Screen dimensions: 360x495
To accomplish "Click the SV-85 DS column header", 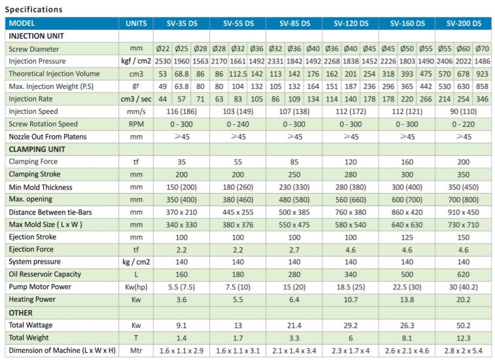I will coord(294,24).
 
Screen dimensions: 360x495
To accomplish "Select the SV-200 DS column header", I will coord(464,24).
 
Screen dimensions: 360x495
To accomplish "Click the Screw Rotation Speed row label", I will coord(43,124).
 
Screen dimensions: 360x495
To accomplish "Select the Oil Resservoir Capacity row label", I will coord(45,274).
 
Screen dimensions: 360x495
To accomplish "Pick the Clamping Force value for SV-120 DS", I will coord(350,162).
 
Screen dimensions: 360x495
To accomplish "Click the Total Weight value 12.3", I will coord(464,337).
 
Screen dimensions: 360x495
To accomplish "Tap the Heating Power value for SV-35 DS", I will coord(182,299).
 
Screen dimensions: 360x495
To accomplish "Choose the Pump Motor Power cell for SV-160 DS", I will coord(407,287).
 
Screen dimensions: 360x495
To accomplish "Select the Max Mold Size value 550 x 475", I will coord(294,225).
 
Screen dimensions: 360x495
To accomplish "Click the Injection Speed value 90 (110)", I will coord(464,112).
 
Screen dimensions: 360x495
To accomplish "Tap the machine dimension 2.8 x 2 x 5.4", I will coord(464,350).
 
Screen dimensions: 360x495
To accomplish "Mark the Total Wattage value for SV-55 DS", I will coord(238,325).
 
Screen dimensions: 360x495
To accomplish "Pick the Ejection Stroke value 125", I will coord(407,237).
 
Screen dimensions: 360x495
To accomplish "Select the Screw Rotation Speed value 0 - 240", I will coord(238,124).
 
